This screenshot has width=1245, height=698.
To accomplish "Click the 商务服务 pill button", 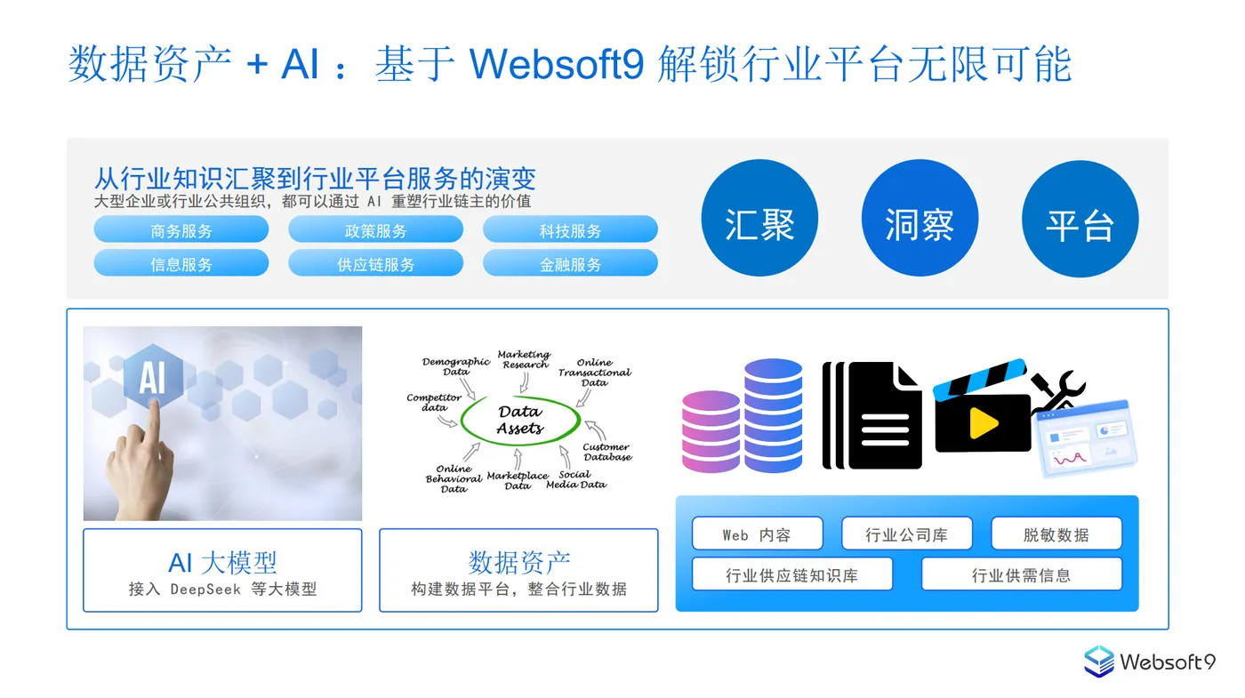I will click(181, 230).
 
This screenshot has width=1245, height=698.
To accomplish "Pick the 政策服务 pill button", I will click(375, 230).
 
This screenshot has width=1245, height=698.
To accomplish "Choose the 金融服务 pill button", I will click(570, 263).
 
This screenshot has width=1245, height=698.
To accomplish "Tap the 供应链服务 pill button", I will click(375, 263).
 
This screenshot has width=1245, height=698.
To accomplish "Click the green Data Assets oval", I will click(520, 421).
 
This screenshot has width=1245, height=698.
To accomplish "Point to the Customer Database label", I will click(607, 452).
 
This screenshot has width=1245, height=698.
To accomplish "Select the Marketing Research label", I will click(524, 359).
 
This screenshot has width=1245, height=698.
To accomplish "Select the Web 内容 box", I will click(756, 534).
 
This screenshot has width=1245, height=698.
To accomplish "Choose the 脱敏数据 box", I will click(1056, 534).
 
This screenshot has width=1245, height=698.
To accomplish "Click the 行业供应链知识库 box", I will click(791, 574).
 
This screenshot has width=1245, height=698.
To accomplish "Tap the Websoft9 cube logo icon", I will click(1099, 662).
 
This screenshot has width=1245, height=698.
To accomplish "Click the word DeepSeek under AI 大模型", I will click(205, 589).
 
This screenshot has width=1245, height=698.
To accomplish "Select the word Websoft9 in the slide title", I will click(557, 64).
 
